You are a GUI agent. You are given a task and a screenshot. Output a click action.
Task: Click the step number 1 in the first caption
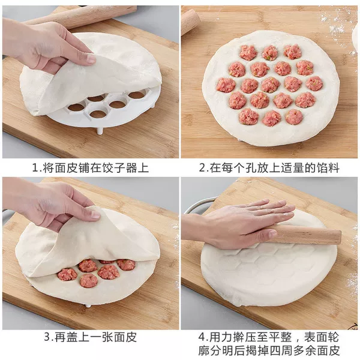[x=35, y=168]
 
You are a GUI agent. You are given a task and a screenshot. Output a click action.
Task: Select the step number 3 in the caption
[x=47, y=337]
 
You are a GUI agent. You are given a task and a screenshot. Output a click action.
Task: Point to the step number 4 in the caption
[x=202, y=337]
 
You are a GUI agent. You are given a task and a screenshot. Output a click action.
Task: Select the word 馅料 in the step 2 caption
[x=328, y=168]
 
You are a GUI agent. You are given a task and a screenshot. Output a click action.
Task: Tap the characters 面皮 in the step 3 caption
[x=125, y=337]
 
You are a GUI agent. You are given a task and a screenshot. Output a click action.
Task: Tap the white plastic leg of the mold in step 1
[x=100, y=131]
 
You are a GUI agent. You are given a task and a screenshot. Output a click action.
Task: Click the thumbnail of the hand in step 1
[x=91, y=59]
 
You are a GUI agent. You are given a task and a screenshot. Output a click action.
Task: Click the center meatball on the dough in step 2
[x=271, y=85]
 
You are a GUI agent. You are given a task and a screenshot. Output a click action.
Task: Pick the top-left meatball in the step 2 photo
[x=248, y=52]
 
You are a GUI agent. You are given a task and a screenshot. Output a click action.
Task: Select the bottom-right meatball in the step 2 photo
[x=294, y=116]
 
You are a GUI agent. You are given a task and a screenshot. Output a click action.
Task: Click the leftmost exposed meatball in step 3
[x=67, y=275]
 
